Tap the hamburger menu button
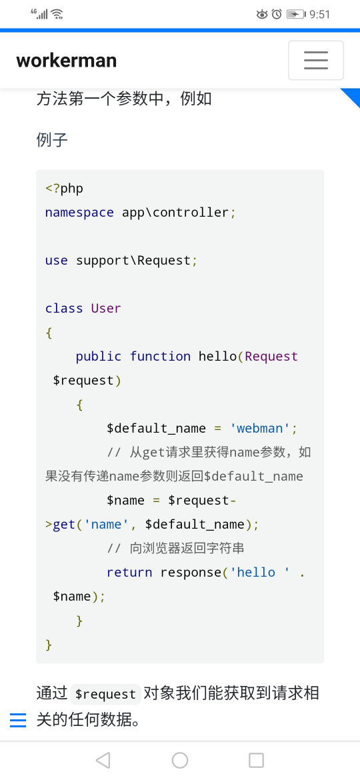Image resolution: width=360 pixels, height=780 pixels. [x=316, y=60]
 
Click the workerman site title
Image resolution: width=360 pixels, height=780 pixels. [x=67, y=61]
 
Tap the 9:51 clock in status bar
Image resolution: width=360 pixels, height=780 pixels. [x=320, y=15]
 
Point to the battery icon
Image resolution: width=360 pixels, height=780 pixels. [x=296, y=15]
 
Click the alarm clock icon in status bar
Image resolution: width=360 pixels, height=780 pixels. [x=277, y=15]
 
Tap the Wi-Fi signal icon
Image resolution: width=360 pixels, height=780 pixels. [x=57, y=14]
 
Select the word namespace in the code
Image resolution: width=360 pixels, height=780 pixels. [x=79, y=213]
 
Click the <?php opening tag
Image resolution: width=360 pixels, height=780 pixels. [x=64, y=189]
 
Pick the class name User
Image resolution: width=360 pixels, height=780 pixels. [x=106, y=309]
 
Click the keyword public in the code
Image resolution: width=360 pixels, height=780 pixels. [x=99, y=356]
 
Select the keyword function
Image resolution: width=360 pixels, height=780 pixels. [x=160, y=356]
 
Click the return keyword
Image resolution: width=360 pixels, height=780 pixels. [x=129, y=572]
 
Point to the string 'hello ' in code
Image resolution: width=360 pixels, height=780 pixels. [x=259, y=572]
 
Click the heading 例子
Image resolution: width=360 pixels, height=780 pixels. [x=52, y=140]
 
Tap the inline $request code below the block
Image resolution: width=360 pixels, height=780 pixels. [x=105, y=694]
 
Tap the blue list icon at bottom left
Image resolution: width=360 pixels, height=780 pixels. [x=18, y=720]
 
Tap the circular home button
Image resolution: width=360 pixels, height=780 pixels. [x=180, y=760]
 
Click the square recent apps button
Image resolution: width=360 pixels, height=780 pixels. [x=256, y=760]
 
